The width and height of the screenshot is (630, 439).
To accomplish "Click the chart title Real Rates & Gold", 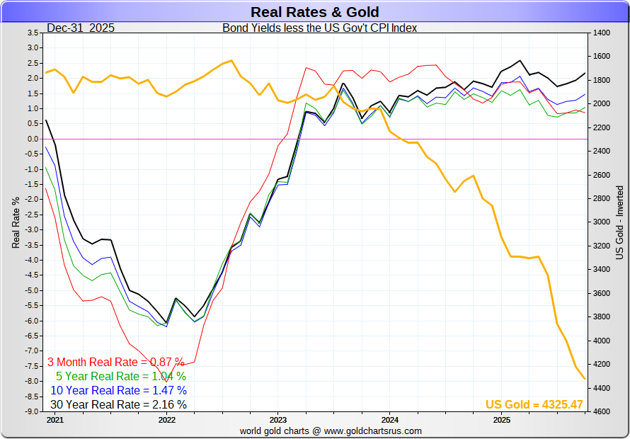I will click(x=314, y=12).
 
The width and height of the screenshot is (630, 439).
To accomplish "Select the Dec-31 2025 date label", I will click(x=81, y=28).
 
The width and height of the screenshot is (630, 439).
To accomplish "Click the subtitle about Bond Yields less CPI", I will click(x=320, y=28).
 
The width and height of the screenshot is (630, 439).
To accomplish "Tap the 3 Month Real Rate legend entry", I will click(x=115, y=361).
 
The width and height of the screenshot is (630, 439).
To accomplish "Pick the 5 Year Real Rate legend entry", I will click(x=121, y=376).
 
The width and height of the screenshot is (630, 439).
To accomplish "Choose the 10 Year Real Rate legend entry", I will click(x=119, y=390).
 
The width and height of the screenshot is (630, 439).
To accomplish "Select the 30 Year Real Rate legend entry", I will click(x=119, y=405).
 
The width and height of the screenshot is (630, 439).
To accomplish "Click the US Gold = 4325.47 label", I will click(x=534, y=405).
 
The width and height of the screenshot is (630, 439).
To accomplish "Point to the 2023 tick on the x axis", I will click(x=277, y=419).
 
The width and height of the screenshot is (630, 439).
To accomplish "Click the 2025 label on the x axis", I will click(x=501, y=419).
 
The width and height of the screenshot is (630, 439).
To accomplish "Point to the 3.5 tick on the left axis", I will click(x=33, y=33).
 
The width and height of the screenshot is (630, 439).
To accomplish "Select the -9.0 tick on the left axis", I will click(x=31, y=411).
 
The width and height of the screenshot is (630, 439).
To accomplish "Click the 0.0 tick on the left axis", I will click(x=33, y=139).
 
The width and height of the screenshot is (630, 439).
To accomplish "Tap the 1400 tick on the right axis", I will click(x=601, y=33).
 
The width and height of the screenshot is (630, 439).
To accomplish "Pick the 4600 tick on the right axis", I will click(x=601, y=411).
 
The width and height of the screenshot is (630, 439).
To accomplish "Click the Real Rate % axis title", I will click(x=16, y=222).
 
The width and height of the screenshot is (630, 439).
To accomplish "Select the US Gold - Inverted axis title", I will click(x=620, y=222).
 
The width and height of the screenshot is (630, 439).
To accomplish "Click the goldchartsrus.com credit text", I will click(x=331, y=431).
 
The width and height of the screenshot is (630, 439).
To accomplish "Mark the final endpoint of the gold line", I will click(x=585, y=379).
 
